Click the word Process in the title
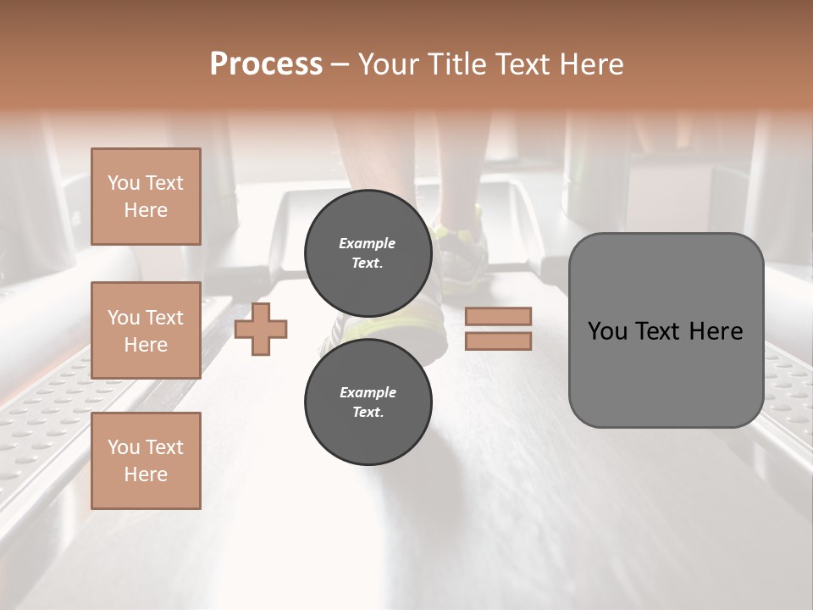[x=266, y=64]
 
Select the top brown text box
[x=146, y=197]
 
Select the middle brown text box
[x=146, y=330]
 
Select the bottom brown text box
[x=146, y=461]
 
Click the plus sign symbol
[x=261, y=329]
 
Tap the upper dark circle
[x=368, y=252]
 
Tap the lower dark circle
[x=368, y=402]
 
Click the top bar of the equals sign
[x=499, y=316]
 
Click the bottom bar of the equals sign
[x=499, y=341]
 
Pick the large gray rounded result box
[x=666, y=330]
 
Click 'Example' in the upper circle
[x=367, y=243]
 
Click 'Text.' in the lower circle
[x=368, y=412]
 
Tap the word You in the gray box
[x=609, y=331]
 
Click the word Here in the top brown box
[x=146, y=210]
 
